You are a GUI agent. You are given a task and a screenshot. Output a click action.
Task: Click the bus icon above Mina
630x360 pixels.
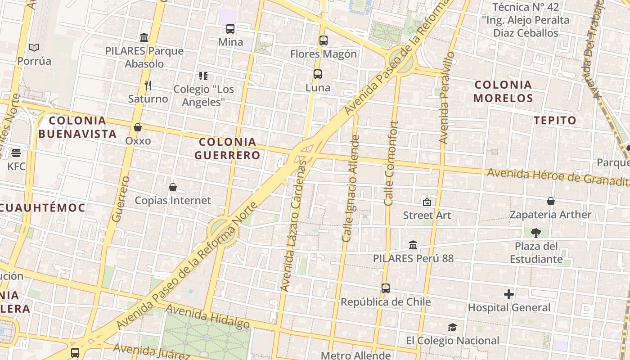click(230, 29)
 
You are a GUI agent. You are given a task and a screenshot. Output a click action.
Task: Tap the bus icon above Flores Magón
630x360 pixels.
click(324, 40)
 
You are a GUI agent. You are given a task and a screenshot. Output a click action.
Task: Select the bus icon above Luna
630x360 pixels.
click(318, 74)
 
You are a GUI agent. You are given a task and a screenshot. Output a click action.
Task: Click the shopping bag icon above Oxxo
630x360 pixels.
click(138, 127)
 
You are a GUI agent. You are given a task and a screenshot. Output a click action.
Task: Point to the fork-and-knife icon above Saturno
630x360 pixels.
click(148, 85)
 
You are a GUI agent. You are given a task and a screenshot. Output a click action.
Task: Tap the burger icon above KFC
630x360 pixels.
click(16, 153)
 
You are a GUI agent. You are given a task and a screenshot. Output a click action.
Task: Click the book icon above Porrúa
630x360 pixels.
click(34, 47)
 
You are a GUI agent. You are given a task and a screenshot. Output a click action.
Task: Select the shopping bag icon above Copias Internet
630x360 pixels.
click(173, 187)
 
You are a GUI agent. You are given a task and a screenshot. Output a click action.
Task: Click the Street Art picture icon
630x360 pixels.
click(427, 202)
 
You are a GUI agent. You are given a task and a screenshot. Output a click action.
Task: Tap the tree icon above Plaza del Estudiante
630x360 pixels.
click(536, 233)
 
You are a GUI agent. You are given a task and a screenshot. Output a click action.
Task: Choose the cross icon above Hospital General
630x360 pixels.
click(509, 294)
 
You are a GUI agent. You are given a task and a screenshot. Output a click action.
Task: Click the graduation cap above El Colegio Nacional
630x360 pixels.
click(452, 327)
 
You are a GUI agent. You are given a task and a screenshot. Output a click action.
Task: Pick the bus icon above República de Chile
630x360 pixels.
click(386, 288)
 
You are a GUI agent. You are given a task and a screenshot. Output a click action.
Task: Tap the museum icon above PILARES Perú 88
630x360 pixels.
click(413, 245)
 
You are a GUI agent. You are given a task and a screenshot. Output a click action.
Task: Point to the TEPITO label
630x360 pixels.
click(555, 120)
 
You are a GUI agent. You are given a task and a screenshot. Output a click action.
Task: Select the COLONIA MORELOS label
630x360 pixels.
click(503, 91)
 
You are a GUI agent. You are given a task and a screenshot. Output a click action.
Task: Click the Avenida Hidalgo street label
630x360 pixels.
click(208, 316)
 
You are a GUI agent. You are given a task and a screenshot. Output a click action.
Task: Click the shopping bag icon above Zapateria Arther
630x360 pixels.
click(551, 201)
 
